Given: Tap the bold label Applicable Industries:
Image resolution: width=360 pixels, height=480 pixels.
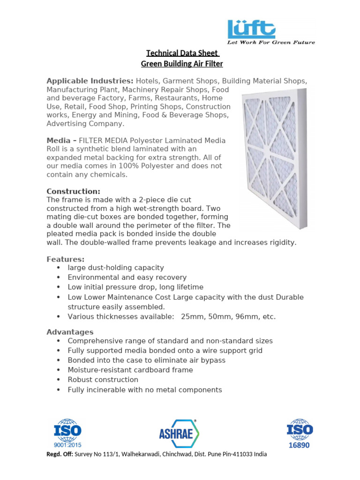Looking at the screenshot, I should pos(90,81).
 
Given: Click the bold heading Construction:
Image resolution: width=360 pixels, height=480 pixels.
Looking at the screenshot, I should pos(73,191).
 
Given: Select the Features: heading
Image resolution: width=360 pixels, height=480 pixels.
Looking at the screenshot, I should pos(65,259).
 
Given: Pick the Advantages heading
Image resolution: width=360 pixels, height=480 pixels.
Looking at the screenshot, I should pos(70,332).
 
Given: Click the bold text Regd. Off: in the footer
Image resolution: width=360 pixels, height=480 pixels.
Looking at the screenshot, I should pos(60,454).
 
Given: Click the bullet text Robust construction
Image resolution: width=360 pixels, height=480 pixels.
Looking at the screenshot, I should pos(103,380).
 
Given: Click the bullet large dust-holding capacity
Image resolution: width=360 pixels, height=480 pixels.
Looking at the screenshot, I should pos(116,268).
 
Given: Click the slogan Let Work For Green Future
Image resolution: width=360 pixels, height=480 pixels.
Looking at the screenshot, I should pos(271,42).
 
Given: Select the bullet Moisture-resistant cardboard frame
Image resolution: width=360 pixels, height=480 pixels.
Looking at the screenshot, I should pos(130,370).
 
